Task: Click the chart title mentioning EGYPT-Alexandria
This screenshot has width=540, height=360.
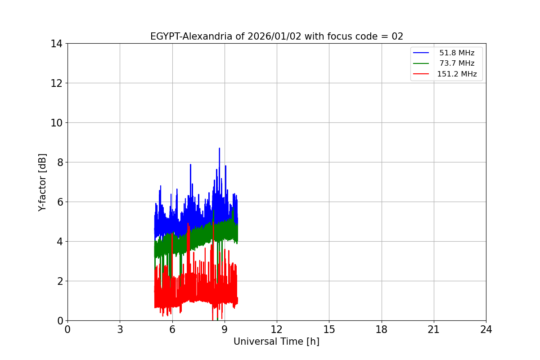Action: [276, 36]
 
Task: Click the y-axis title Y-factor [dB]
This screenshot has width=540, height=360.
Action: [42, 182]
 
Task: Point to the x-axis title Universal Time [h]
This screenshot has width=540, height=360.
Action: [276, 342]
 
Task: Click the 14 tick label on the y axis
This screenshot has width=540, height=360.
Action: [56, 44]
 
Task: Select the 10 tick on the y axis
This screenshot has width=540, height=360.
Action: [56, 123]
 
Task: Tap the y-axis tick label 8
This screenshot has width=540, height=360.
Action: [59, 162]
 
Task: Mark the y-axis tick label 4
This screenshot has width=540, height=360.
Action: [59, 242]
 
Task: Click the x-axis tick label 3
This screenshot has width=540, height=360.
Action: [120, 329]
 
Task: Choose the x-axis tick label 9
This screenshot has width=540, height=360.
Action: [225, 329]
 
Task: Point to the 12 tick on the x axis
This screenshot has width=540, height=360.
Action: [277, 329]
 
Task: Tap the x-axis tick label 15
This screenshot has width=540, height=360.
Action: [329, 329]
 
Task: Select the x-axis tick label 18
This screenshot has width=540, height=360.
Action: [382, 329]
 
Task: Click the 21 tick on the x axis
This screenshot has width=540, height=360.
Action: [434, 329]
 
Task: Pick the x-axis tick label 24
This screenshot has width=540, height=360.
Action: [486, 329]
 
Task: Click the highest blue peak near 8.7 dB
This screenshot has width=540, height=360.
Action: [219, 148]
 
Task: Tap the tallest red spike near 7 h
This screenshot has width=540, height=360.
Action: [188, 224]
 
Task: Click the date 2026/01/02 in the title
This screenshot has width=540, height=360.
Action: [269, 36]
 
